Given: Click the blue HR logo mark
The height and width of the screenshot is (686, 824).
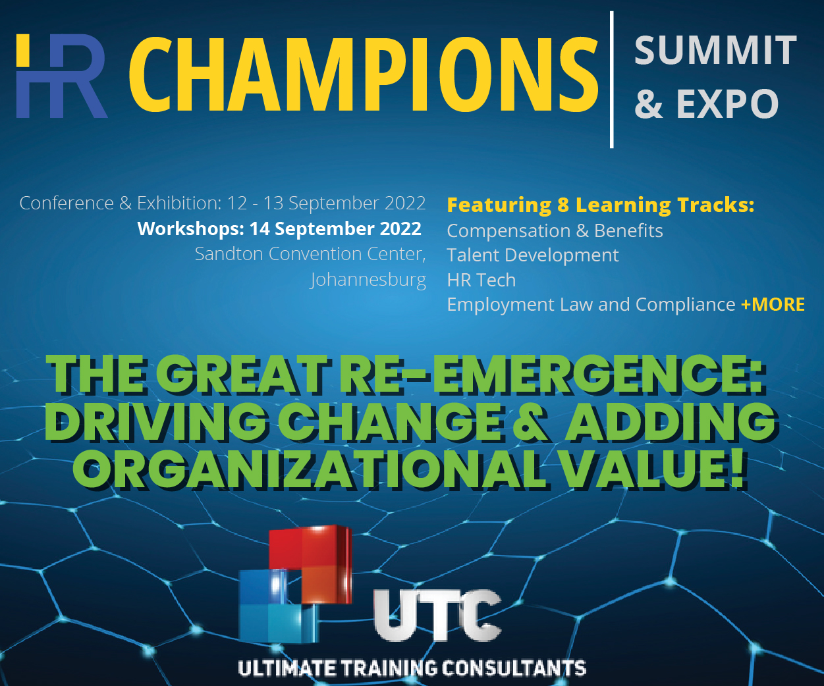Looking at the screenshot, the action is pos(61,76).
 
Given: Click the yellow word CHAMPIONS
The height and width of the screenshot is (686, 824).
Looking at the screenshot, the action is pos(364,74).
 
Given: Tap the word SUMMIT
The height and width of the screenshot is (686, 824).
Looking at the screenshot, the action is pos(715,50).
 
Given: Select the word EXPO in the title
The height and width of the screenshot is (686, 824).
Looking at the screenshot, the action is pos(728,103).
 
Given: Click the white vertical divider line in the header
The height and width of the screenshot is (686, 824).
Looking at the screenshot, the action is pos(612,80).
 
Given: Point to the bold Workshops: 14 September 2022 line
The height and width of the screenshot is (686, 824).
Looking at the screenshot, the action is pos(279,229).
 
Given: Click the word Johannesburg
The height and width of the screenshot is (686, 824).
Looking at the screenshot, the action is pos(368,280).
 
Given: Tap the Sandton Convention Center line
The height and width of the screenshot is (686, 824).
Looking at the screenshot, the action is pos(311,254).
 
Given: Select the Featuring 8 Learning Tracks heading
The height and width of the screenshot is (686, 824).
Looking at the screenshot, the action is pos(600,205).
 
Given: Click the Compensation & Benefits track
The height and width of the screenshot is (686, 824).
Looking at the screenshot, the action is pos(555,231).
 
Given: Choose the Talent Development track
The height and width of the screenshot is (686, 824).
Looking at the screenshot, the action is pos(533,255).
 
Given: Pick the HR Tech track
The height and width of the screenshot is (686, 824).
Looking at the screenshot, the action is pos(481,280).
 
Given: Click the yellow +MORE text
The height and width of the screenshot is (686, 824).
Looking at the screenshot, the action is pos(773,305).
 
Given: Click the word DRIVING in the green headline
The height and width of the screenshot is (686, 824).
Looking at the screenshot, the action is pos(155,421).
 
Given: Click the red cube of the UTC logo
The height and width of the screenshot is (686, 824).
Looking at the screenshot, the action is pos(311,564).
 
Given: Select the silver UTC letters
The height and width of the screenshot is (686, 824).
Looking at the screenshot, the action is pos(437,615).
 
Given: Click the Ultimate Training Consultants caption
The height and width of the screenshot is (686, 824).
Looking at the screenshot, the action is pos(412,668).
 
